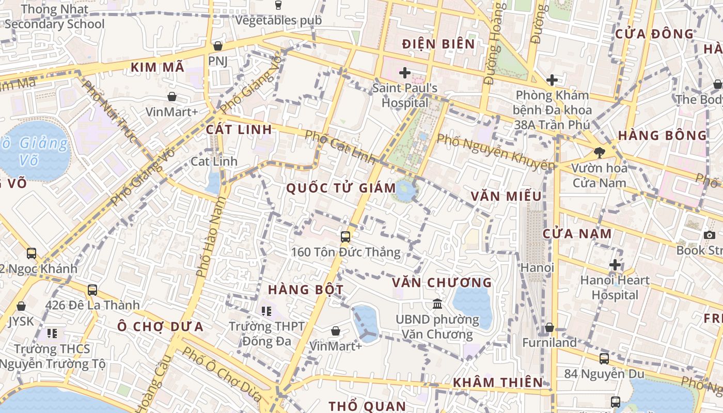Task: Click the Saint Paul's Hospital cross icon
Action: pos(405,73)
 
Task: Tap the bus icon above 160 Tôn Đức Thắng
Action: pos(345,237)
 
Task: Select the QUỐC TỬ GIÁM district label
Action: pos(341,188)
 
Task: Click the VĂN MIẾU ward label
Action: pos(506,196)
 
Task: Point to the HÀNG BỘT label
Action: pos(306,290)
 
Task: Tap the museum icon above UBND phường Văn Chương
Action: pos(437,304)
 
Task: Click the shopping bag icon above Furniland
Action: pos(549,327)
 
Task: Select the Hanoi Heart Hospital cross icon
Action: pos(615,265)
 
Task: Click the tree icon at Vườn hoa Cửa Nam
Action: pos(599,152)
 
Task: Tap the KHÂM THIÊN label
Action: pos(498,383)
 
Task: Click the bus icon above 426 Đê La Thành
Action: pos(92,290)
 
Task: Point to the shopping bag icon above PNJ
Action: pos(218,46)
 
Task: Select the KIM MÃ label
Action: pos(157,67)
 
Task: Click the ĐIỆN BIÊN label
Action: pos(438,44)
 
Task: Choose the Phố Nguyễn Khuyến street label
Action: pos(496,152)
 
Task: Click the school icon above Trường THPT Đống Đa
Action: pos(266,311)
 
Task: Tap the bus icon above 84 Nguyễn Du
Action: pos(604,358)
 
